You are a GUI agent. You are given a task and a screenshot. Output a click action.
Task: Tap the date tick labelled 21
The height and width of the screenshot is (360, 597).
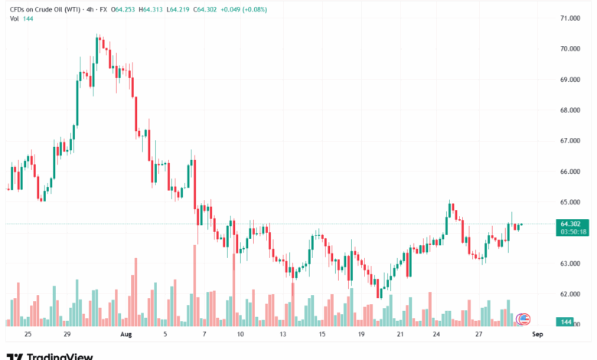400,335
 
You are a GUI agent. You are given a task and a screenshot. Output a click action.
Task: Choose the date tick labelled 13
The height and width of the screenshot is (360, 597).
283,335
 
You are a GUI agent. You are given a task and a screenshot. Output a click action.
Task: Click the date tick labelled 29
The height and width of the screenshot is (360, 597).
67,335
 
